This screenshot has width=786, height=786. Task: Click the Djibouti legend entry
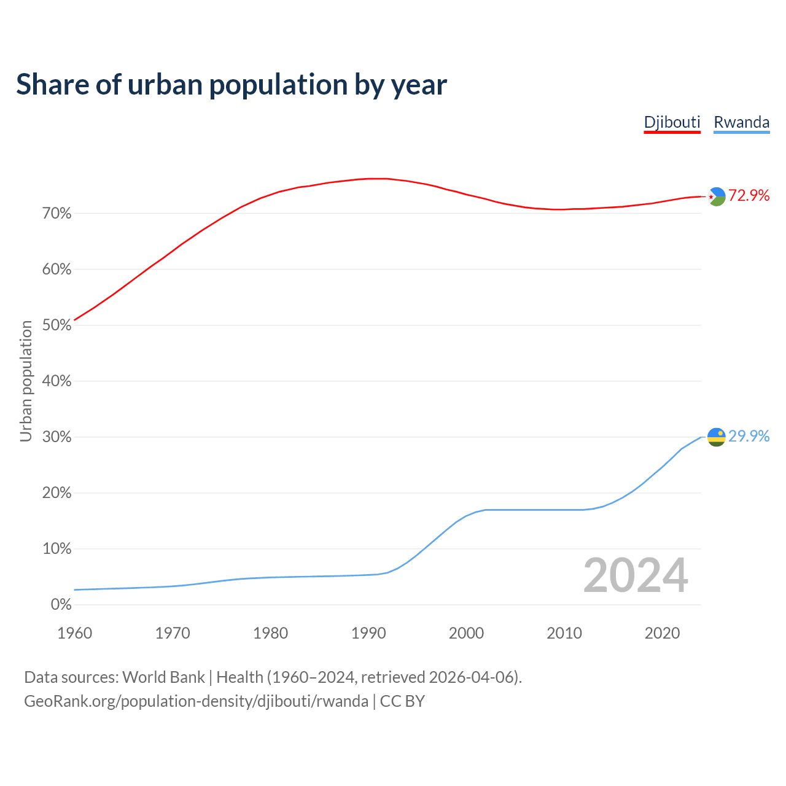(x=672, y=122)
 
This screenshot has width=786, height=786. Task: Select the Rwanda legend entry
(x=741, y=122)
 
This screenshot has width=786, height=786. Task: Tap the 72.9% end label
(x=749, y=195)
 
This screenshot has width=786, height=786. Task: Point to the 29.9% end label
(x=749, y=436)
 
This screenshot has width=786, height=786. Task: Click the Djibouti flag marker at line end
(x=717, y=196)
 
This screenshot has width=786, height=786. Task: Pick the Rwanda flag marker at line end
(x=717, y=437)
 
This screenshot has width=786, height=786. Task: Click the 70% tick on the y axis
(x=56, y=214)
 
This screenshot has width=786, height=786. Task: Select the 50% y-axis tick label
(x=56, y=325)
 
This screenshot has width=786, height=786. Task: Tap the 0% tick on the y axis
(x=61, y=605)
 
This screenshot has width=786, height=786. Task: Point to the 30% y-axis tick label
(x=56, y=437)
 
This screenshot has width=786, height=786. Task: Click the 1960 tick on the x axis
(x=74, y=633)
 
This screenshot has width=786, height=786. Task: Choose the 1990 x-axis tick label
(x=368, y=633)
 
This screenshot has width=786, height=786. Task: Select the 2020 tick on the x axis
(x=662, y=633)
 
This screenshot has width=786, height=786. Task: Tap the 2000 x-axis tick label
(x=466, y=633)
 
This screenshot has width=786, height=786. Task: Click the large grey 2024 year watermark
(x=636, y=575)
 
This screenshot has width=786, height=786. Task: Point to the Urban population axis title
(x=26, y=381)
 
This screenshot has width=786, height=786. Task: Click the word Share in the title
(x=52, y=85)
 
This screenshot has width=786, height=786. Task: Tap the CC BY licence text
(x=402, y=701)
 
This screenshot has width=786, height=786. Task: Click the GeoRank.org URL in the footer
(x=196, y=701)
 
